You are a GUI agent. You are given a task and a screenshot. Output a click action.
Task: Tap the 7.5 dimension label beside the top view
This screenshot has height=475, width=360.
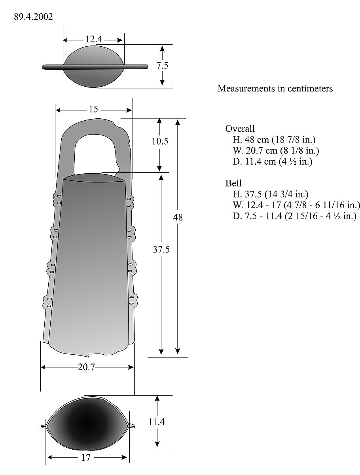pos(162,66)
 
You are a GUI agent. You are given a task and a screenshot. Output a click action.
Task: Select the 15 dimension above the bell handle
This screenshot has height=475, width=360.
pos(93,110)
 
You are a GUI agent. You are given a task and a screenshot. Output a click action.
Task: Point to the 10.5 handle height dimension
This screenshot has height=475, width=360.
pos(160,141)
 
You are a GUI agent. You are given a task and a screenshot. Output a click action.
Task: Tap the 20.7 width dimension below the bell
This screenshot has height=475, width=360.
pos(86,367)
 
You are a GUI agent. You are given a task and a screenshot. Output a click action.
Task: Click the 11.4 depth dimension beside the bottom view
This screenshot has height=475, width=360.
pos(157,422)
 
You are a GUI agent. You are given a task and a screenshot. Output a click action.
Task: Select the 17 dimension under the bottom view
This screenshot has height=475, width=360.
pos(86,458)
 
